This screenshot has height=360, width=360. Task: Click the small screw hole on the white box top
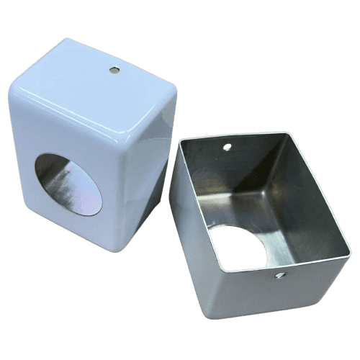114,70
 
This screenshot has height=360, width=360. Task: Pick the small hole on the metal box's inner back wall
228,148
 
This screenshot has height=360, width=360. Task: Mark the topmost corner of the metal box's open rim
287,132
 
